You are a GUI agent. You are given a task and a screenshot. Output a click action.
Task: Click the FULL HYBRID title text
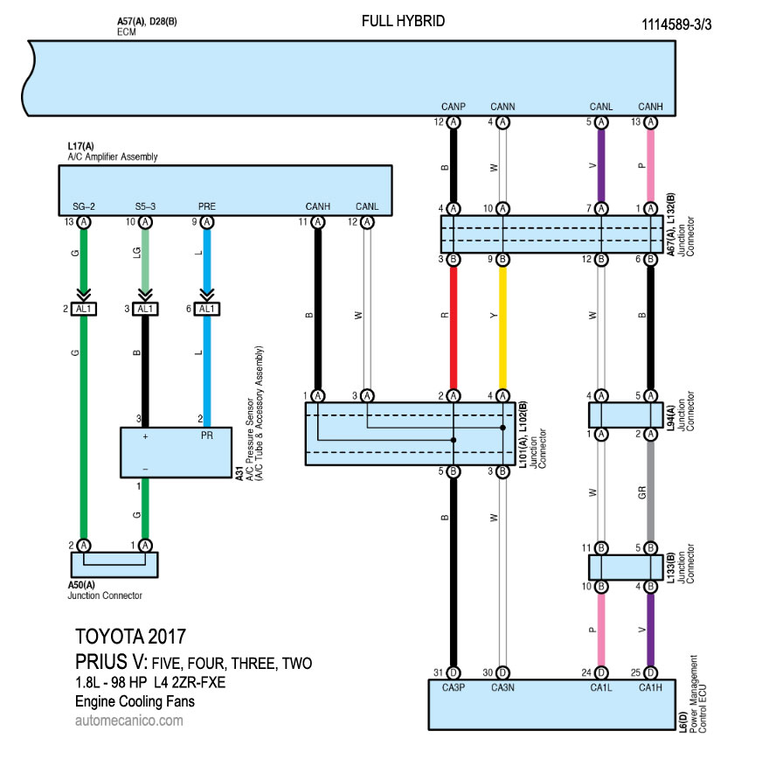tap(403, 21)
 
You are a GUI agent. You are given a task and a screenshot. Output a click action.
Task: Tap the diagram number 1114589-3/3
tap(676, 24)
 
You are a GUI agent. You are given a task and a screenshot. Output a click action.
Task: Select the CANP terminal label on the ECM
tap(454, 107)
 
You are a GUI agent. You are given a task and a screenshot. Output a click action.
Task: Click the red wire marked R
tap(454, 327)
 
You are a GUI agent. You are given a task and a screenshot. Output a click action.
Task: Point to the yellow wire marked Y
tap(502, 327)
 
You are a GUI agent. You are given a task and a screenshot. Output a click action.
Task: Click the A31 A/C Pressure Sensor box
tap(176, 453)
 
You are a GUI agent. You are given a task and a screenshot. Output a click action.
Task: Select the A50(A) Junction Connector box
tap(114, 565)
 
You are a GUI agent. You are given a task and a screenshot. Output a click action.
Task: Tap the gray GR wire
tap(650, 491)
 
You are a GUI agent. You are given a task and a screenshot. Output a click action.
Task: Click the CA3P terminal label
tap(454, 687)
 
